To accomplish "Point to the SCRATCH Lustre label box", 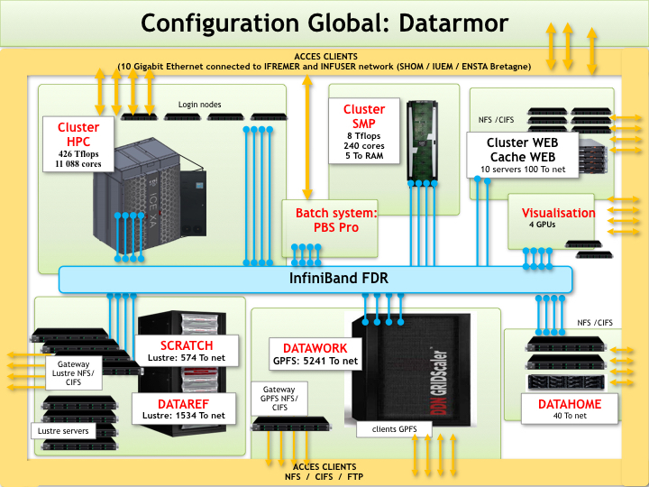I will tap(186, 352).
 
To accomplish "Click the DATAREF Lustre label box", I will tap(186, 409).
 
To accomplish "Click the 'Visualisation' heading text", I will tap(559, 214).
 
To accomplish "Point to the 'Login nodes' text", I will tap(200, 105).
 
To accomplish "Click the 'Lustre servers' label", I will tap(62, 432).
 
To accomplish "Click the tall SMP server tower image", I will tap(420, 140).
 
